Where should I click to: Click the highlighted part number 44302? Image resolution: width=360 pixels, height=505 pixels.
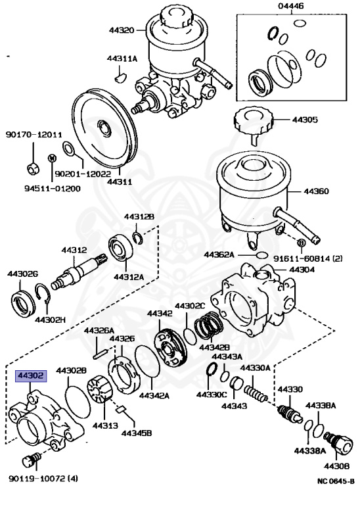[31, 377]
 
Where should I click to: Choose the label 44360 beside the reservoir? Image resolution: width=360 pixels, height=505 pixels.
[317, 192]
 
